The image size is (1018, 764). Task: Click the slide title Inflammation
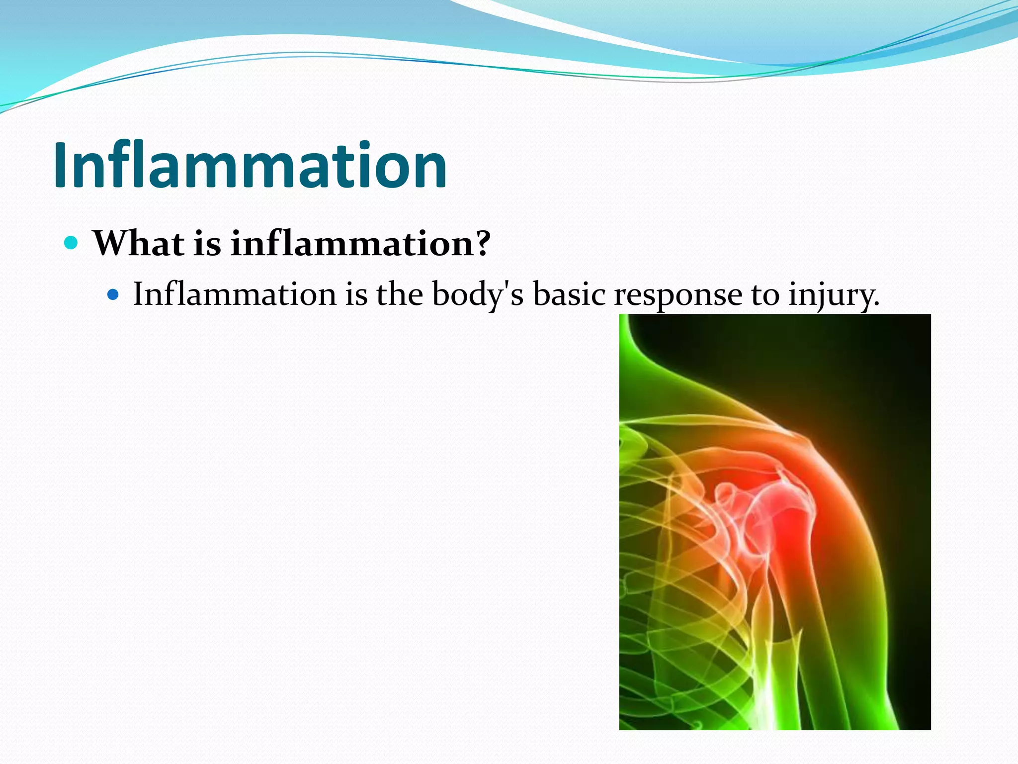click(250, 165)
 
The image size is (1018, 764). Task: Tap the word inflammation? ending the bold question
click(360, 244)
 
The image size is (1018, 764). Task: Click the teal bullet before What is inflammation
click(71, 243)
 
